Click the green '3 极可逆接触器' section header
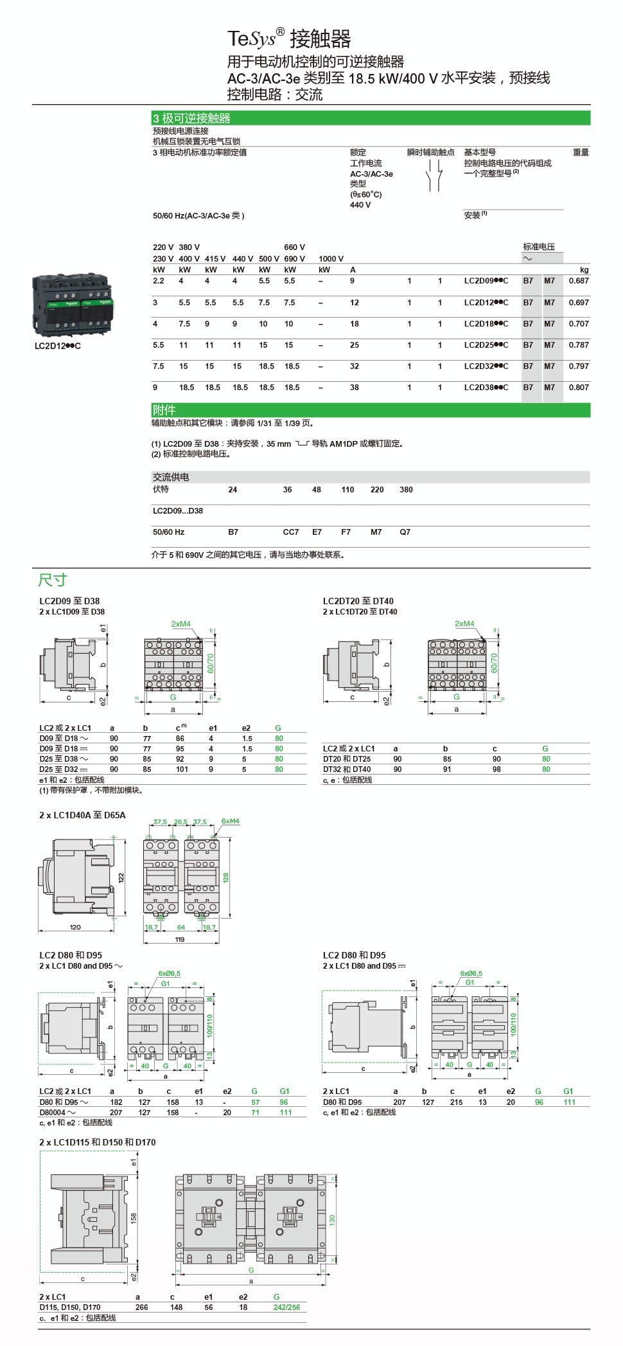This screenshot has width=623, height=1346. pyautogui.click(x=191, y=118)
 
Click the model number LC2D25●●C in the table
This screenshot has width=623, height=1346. pyautogui.click(x=486, y=345)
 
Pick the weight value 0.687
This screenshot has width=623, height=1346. pyautogui.click(x=578, y=281)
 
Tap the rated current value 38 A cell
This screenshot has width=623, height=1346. pyautogui.click(x=355, y=388)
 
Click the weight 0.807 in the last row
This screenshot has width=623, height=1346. pyautogui.click(x=578, y=388)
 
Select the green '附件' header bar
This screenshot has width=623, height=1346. pyautogui.click(x=164, y=410)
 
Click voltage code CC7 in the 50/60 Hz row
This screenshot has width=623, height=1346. pyautogui.click(x=291, y=532)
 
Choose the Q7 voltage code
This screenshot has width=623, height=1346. pyautogui.click(x=405, y=532)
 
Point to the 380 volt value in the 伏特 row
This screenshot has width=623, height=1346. pyautogui.click(x=406, y=490)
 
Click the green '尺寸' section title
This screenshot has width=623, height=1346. pyautogui.click(x=53, y=580)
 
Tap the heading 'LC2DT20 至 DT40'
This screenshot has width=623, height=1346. pyautogui.click(x=358, y=601)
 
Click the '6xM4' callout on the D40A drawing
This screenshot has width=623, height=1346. pyautogui.click(x=230, y=821)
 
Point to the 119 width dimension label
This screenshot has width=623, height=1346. pyautogui.click(x=180, y=939)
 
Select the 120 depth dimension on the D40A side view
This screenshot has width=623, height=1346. pyautogui.click(x=75, y=927)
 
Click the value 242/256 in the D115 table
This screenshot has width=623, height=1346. pyautogui.click(x=286, y=1307)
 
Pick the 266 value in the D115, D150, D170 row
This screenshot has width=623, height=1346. pyautogui.click(x=141, y=1307)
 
